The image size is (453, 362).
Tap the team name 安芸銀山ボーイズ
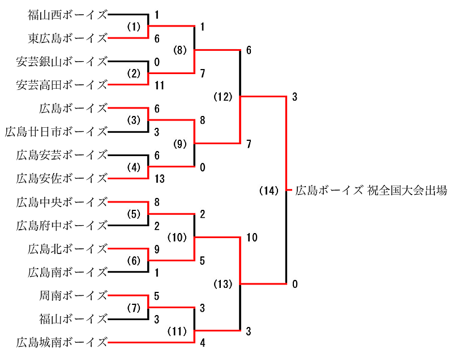tap(62, 62)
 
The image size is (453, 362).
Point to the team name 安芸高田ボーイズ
tap(62, 85)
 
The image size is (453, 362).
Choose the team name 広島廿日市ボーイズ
tap(56, 132)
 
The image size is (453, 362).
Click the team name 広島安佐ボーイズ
tap(62, 178)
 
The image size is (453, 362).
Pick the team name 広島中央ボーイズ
tap(62, 201)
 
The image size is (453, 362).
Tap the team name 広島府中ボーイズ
tap(62, 225)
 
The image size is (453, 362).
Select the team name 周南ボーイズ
tap(73, 295)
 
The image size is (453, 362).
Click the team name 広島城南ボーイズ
tap(62, 342)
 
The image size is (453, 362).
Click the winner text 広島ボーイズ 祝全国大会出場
tap(371, 191)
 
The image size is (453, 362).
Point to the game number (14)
tap(269, 191)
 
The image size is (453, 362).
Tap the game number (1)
tap(133, 27)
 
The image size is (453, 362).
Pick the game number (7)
tap(133, 307)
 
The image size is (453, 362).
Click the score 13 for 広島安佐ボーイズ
tap(159, 178)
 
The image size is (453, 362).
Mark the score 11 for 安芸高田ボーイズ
tap(159, 85)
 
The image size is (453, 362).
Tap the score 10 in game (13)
tap(251, 238)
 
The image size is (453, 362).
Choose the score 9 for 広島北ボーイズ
tap(157, 248)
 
